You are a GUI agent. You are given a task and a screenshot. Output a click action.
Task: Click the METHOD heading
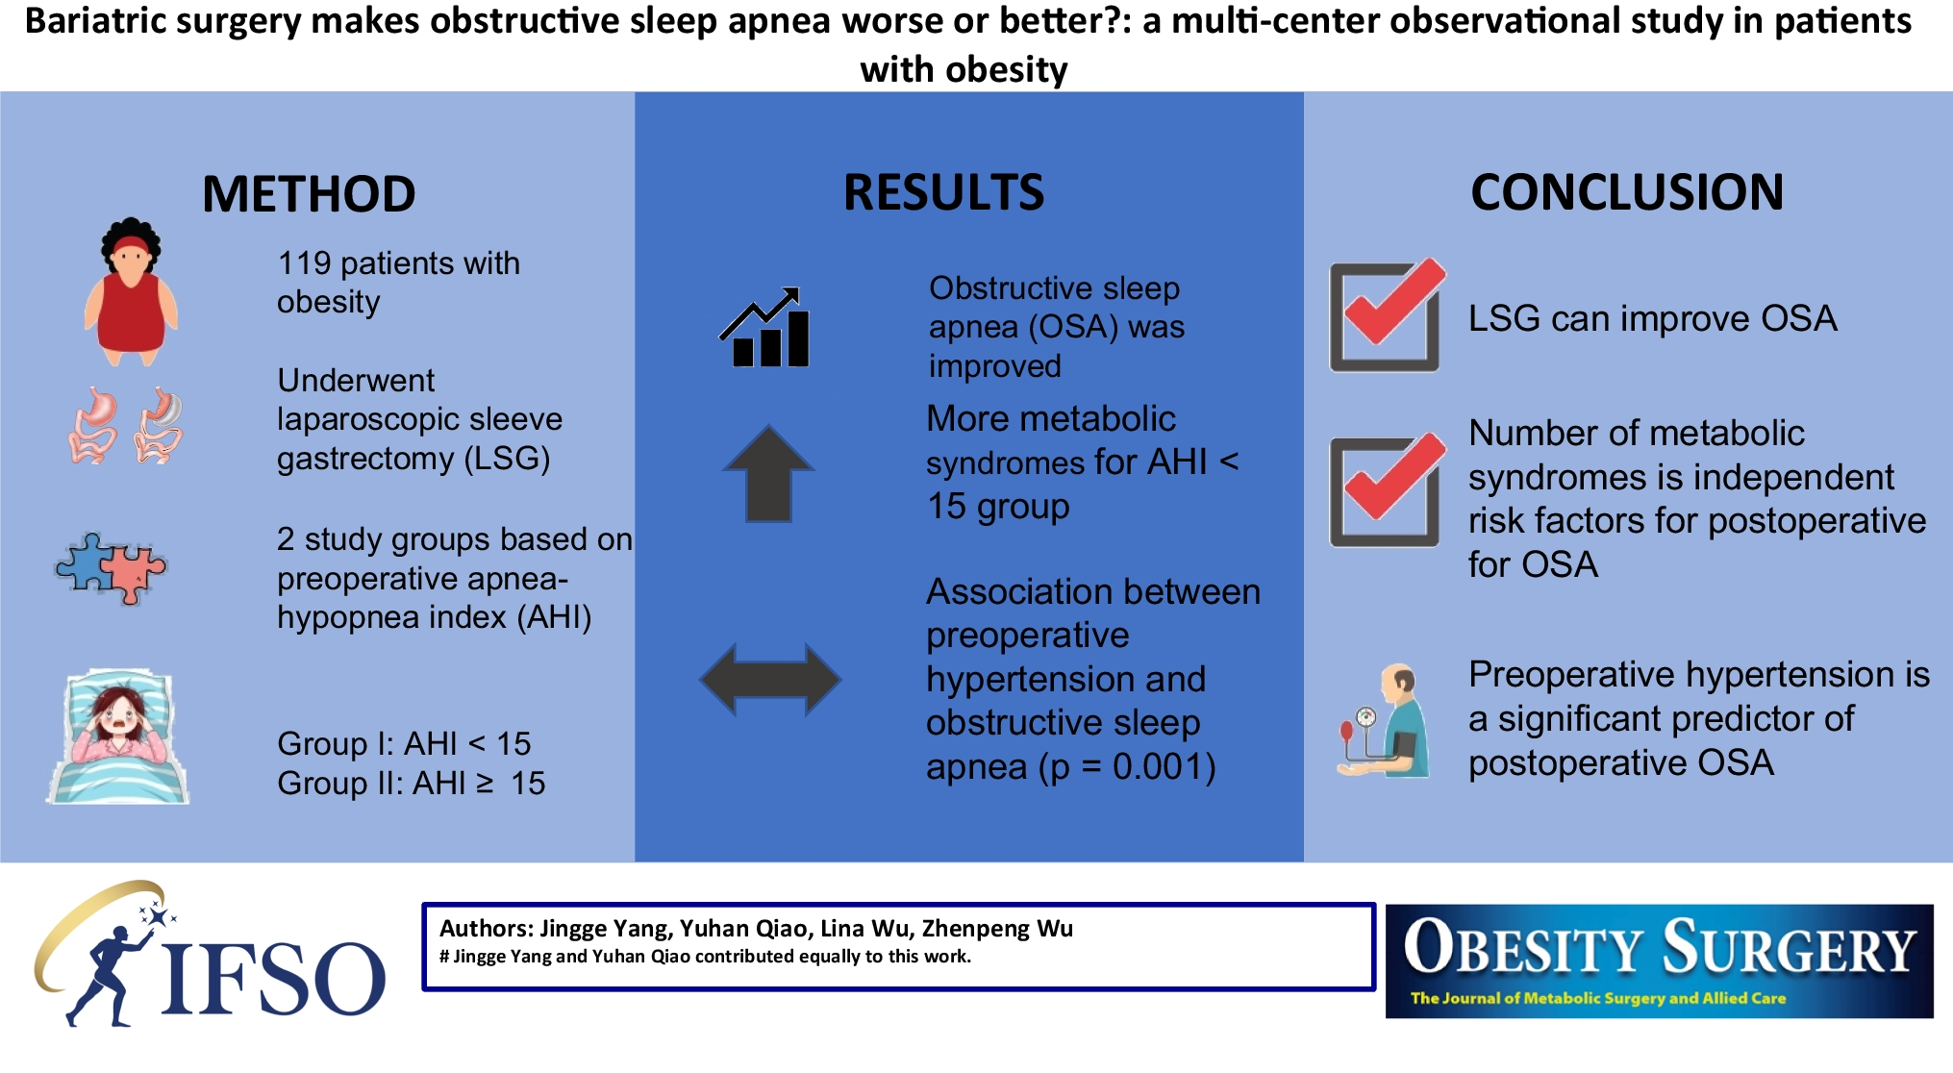point(309,194)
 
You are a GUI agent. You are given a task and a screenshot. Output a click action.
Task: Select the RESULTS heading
point(943,192)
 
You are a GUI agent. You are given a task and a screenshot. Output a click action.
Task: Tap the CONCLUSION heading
point(1627,192)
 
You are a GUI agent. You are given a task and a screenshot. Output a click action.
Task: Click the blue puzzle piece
point(86,561)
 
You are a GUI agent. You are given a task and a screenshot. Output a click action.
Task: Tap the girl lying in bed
point(117,736)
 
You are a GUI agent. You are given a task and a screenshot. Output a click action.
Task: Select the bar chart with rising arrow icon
point(765,327)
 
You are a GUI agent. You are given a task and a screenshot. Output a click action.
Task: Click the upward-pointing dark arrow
point(768,473)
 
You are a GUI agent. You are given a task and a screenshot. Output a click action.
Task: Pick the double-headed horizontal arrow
point(770,679)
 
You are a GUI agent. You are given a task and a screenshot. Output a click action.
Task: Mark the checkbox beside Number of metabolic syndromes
point(1387,489)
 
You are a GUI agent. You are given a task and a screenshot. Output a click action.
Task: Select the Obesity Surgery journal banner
point(1659,961)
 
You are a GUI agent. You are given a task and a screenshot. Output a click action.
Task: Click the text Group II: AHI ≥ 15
point(411,783)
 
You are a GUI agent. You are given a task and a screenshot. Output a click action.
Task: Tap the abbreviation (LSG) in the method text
point(507,459)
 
